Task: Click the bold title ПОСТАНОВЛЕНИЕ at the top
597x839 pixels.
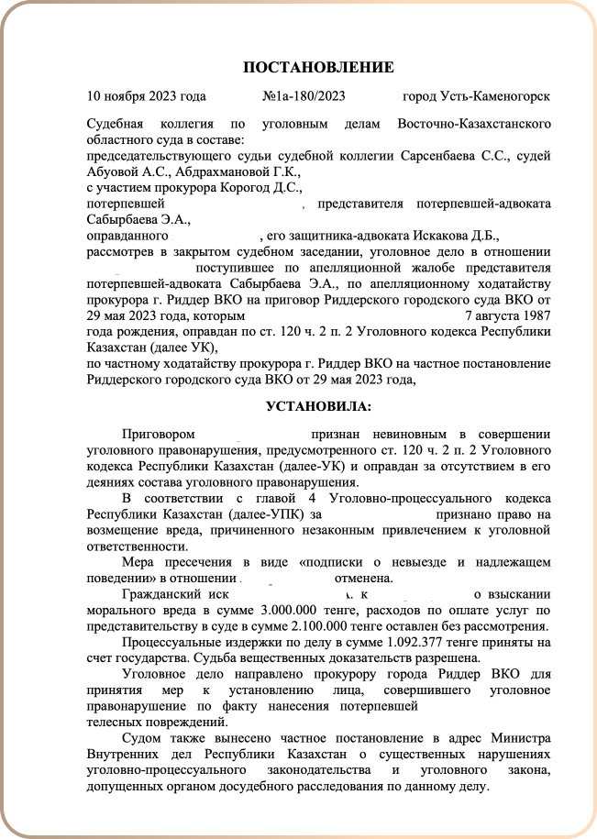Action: [x=318, y=67]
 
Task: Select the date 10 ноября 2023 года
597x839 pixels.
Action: [x=146, y=96]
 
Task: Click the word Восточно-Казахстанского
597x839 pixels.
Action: [x=474, y=123]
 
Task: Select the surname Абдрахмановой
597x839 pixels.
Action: [x=229, y=171]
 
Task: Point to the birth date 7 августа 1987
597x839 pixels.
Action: [x=508, y=316]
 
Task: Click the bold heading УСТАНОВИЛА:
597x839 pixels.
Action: [x=318, y=405]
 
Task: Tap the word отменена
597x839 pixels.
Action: [x=364, y=578]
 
